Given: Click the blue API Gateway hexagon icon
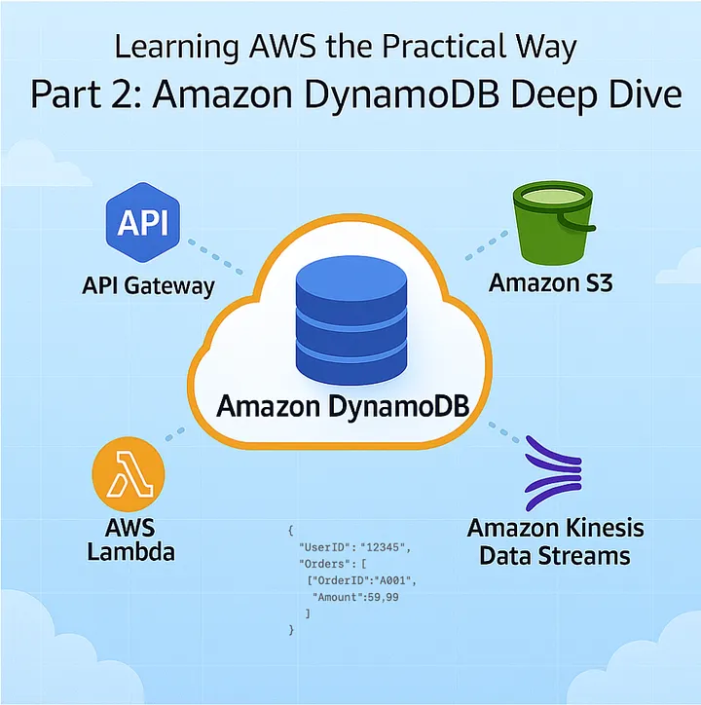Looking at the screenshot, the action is [144, 224].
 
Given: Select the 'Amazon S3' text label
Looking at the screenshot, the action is [551, 283].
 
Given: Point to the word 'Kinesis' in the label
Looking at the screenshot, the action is [595, 529].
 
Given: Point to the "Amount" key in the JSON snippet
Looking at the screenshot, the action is [338, 596].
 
